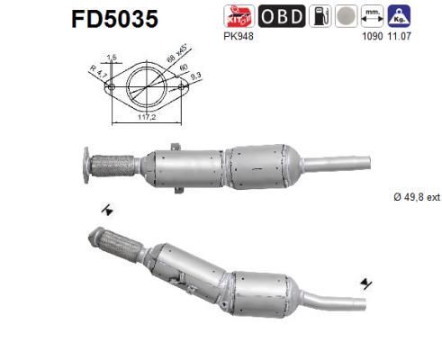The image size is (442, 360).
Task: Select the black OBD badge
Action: [x=282, y=15]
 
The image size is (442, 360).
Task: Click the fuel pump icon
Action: [x=319, y=15]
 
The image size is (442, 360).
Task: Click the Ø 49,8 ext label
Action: [x=414, y=197]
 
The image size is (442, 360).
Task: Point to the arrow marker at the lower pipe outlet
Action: [x=365, y=285]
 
